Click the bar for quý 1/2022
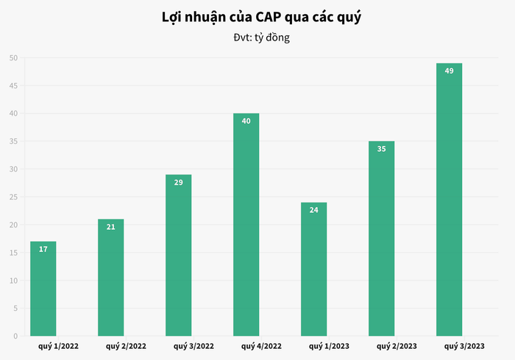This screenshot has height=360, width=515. pos(43,289)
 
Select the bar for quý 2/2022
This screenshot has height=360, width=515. pos(110,278)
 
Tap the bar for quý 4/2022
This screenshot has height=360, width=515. pos(246,225)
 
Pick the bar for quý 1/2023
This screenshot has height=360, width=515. pos(313,269)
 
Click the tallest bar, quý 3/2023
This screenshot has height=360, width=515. pos(449,200)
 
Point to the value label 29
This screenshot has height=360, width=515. pos(178,182)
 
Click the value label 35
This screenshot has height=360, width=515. pos(381,149)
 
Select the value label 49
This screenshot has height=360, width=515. pos(449,71)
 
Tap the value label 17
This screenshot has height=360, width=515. pos(43,249)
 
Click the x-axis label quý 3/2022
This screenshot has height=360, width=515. pos(194,345)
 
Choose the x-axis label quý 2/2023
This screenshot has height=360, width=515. pos(397,345)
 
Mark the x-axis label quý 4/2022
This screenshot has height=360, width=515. pos(262,345)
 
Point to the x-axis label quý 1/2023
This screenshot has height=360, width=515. pos(329,345)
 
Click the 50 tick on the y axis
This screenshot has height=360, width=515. pos(13,58)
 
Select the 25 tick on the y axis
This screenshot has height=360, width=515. pos(13,197)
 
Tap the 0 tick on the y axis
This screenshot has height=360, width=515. pos(15,336)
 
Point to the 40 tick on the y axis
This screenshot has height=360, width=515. pos(13,114)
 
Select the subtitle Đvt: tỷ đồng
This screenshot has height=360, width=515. pos(257,37)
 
